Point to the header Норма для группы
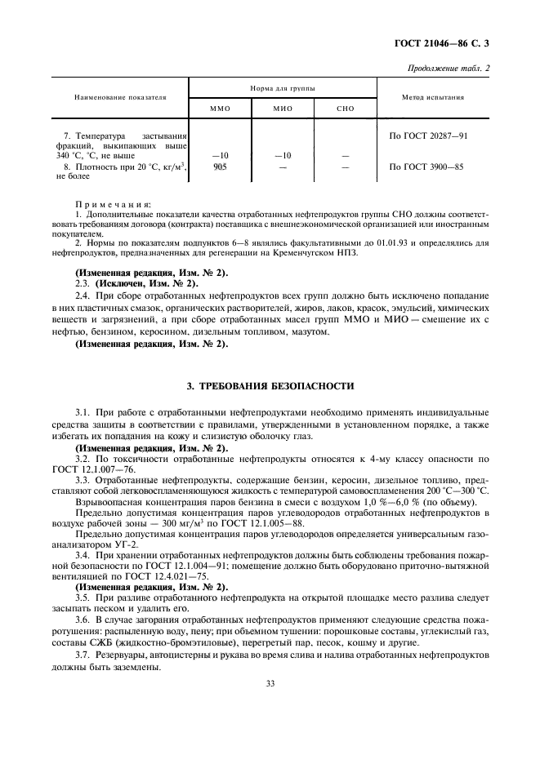[x=283, y=87]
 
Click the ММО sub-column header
[x=220, y=109]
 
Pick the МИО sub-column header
[x=283, y=109]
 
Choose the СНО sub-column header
[x=345, y=109]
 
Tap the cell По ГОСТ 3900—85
[x=426, y=167]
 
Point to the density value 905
[x=219, y=167]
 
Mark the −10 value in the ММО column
[x=219, y=155]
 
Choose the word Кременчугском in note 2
[x=302, y=252]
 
